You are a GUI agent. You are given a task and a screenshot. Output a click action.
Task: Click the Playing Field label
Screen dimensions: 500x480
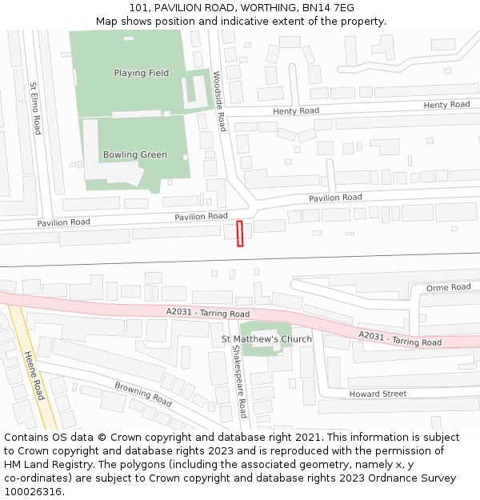(x=141, y=73)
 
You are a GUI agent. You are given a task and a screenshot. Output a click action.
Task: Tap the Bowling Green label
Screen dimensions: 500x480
(x=135, y=154)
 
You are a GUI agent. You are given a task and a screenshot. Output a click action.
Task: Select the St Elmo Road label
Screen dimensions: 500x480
(x=35, y=108)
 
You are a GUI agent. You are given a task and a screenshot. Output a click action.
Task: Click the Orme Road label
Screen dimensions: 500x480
(x=448, y=287)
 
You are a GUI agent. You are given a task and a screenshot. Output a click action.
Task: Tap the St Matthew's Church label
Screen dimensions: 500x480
(x=266, y=339)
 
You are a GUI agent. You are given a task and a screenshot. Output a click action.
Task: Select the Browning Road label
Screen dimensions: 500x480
(x=143, y=393)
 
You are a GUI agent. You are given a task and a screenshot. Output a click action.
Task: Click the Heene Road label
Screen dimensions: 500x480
(x=34, y=376)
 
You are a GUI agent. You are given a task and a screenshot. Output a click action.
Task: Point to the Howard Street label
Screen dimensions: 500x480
(x=378, y=394)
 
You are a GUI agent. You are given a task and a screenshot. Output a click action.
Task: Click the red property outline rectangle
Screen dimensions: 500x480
(x=239, y=234)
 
